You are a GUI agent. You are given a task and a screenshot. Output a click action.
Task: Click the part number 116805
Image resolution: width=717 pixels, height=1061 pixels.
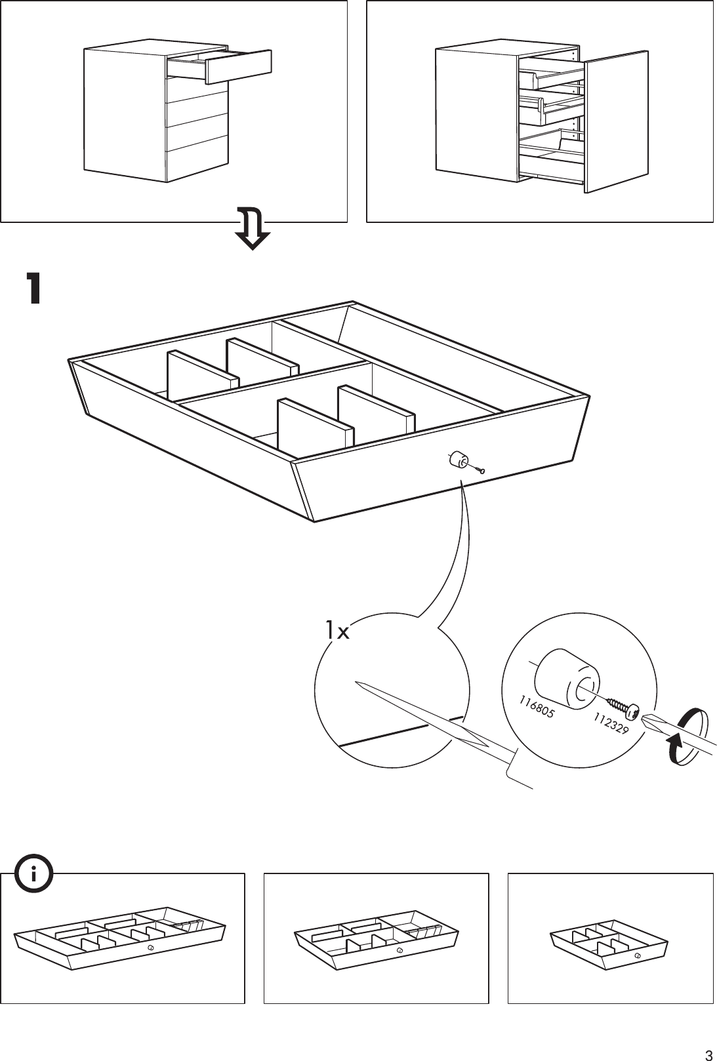coord(536,706)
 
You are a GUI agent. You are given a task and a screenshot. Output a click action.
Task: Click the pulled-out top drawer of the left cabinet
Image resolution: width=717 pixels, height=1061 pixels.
coord(230,66)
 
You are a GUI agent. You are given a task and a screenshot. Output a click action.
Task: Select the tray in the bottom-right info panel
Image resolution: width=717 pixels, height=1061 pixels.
coord(609,945)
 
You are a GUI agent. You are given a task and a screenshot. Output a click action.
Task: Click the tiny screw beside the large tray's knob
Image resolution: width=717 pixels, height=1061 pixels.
coord(481,470)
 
